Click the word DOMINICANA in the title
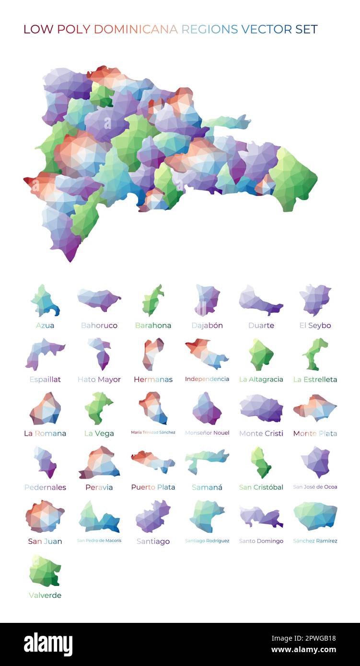[136, 29]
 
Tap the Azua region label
[45, 325]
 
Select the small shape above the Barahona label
[152, 300]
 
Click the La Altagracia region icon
[261, 354]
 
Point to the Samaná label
[207, 487]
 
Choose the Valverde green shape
[45, 571]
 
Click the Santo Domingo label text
[261, 541]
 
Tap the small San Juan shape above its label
[45, 516]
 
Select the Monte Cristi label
[261, 433]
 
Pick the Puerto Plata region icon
[153, 461]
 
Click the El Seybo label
[315, 325]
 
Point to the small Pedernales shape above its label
[46, 462]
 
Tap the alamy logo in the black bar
[48, 644]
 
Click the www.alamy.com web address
[304, 650]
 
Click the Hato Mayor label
[99, 379]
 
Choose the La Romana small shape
[45, 409]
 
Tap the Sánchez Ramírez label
[315, 541]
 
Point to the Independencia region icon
[207, 354]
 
